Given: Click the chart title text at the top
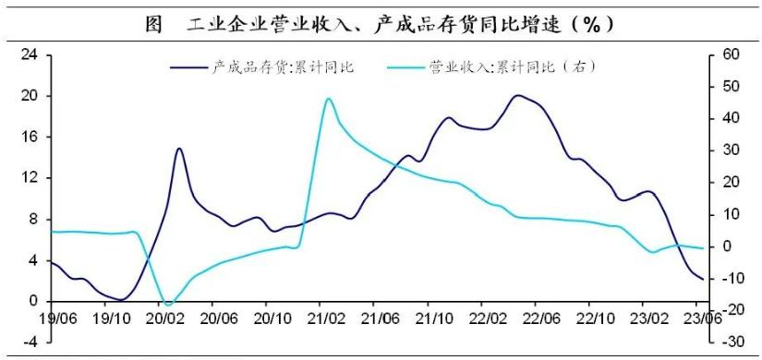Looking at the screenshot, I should coord(381,24).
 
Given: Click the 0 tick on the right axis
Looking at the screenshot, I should coord(726,246).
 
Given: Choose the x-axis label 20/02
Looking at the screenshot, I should coord(163,318).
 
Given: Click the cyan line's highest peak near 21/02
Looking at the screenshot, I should coord(328,99).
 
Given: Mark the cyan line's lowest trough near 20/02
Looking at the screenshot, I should coord(168,304).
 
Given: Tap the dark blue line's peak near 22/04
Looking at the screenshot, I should coord(518,95).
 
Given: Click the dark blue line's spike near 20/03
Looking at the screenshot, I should coord(179,149).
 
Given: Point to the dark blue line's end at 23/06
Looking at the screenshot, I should coord(703,279).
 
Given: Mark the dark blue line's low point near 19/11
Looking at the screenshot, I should coord(122,300).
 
